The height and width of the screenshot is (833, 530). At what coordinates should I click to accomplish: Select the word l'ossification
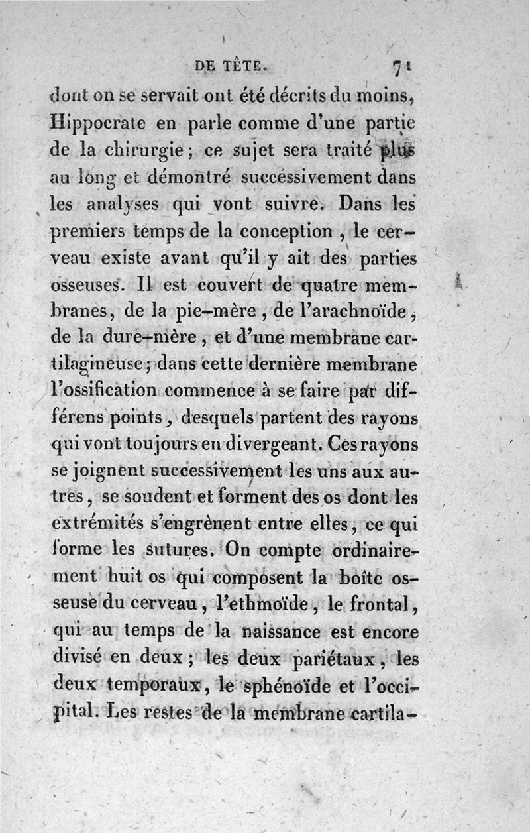[103, 391]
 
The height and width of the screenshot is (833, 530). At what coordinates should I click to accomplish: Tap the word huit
[139, 577]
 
